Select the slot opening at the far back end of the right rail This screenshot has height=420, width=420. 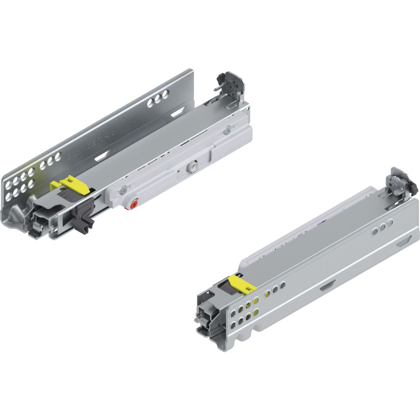point(404,241)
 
